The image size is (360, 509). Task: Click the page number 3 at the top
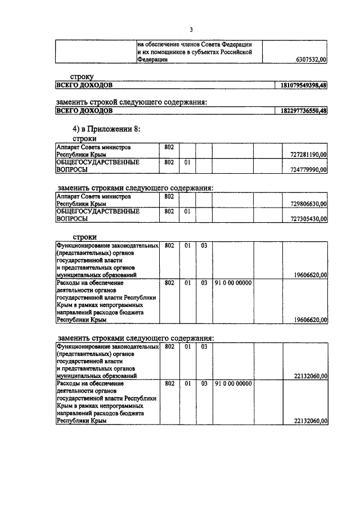pos(191,29)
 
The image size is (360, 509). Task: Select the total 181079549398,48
pos(300,85)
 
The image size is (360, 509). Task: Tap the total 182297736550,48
pos(300,111)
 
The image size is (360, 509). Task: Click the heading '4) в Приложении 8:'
pos(102,129)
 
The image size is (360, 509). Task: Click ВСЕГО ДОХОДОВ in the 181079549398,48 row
pos(84,85)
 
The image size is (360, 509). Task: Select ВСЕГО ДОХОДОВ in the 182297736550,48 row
pos(84,111)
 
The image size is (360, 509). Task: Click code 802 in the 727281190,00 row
pos(169,147)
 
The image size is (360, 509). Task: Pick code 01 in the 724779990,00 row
pos(187,162)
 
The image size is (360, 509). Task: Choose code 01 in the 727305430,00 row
pos(187,212)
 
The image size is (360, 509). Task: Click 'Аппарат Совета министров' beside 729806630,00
pos(93,197)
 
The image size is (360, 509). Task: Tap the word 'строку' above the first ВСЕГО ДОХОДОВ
pos(82,75)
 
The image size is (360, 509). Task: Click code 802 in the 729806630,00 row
pos(169,197)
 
